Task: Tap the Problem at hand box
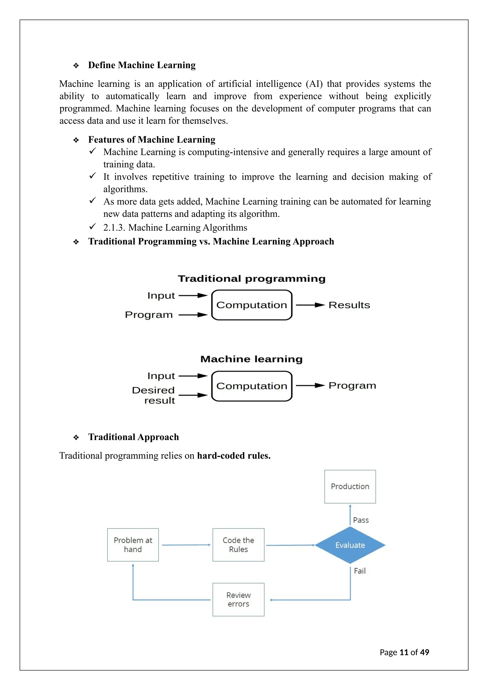pos(133,545)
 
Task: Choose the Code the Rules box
pos(238,545)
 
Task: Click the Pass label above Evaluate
pos(361,520)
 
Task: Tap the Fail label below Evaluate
pos(360,571)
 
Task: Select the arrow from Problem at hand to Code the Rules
pos(186,545)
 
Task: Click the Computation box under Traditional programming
pos(252,305)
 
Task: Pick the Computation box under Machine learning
pos(252,386)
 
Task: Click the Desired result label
pos(153,395)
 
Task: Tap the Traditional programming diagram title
pos(252,279)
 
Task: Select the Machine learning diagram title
pos(252,359)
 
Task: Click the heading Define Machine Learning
pos(142,65)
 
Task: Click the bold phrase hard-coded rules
pos(234,456)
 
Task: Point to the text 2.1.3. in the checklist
pos(114,228)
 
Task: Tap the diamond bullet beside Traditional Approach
pos(76,437)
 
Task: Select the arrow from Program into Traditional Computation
pos(193,315)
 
